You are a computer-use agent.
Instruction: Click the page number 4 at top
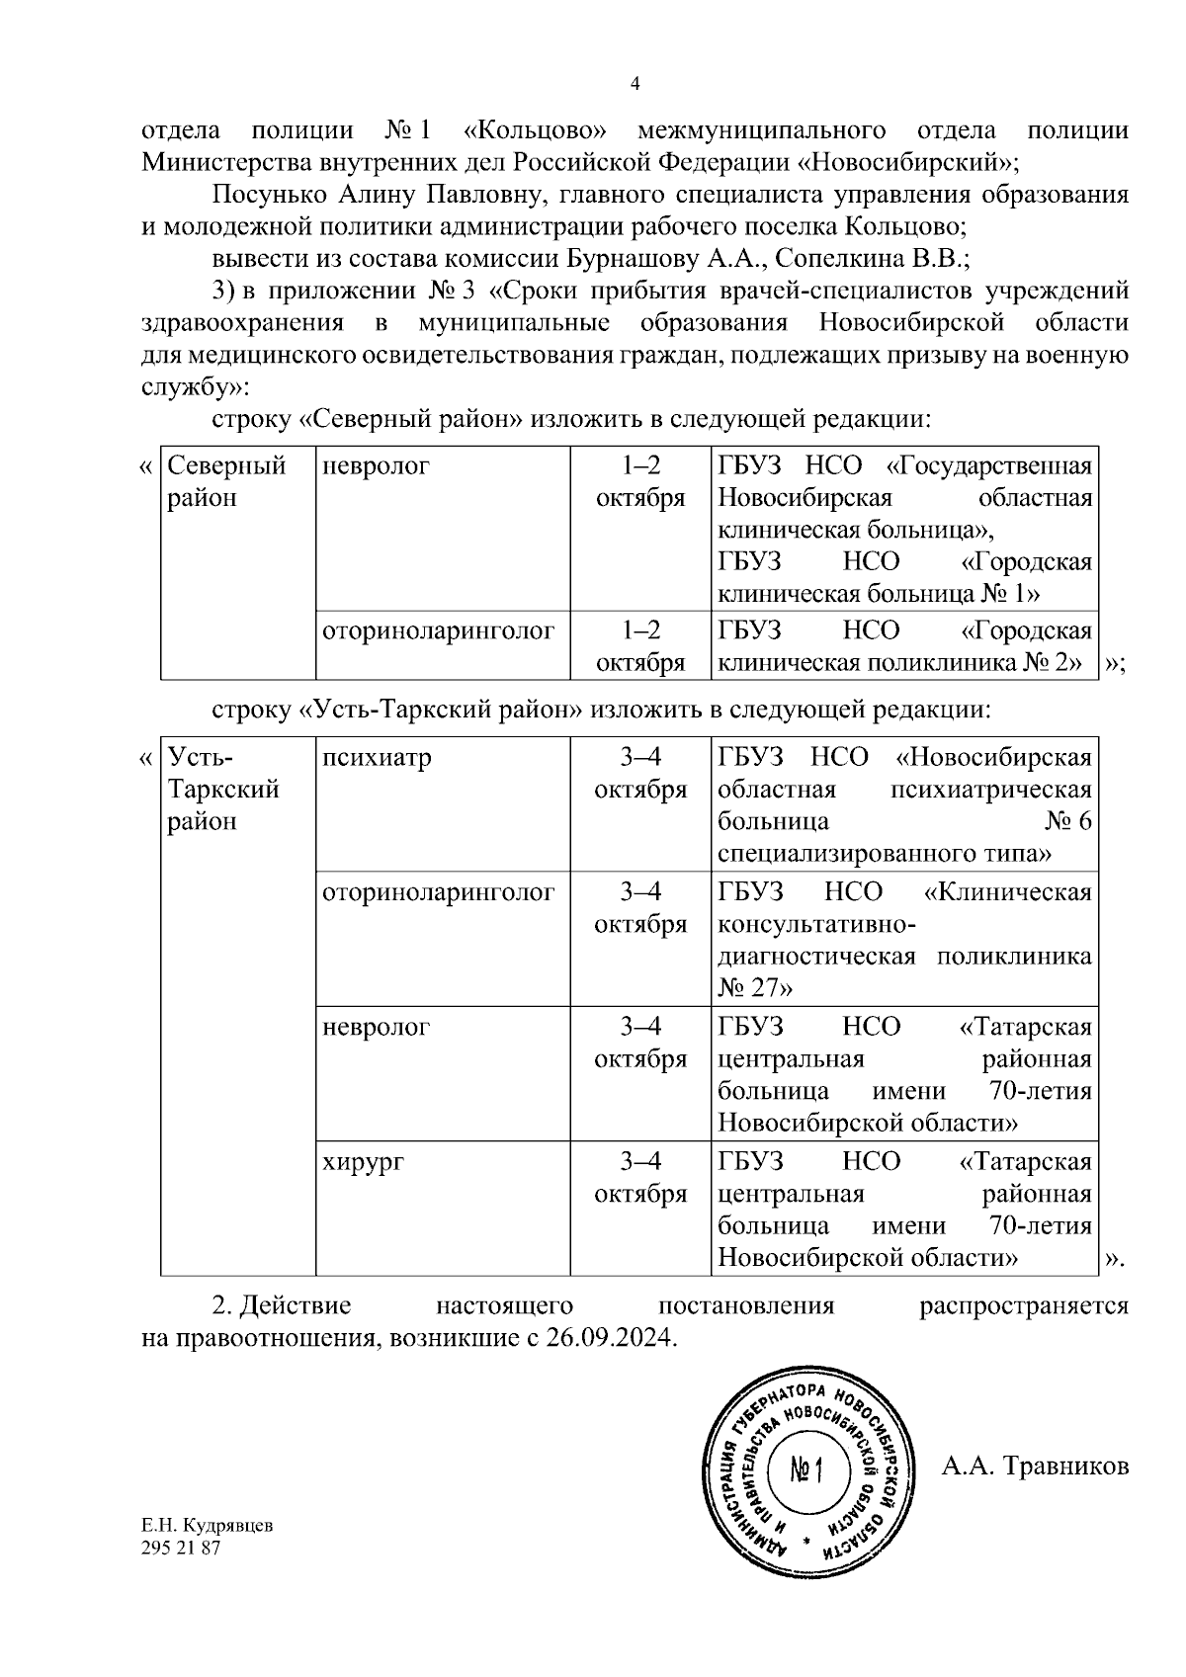pyautogui.click(x=635, y=85)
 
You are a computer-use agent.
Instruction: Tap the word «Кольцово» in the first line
pyautogui.click(x=533, y=130)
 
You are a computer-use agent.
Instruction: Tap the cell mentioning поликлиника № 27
pyautogui.click(x=904, y=940)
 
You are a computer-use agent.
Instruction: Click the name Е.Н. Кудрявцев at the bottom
pyautogui.click(x=208, y=1552)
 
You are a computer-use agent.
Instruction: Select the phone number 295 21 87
pyautogui.click(x=182, y=1575)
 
